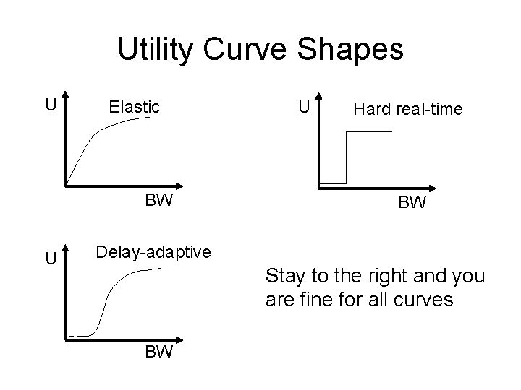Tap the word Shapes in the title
click(356, 49)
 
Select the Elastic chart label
click(134, 107)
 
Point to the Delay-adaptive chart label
click(153, 252)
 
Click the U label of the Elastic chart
click(50, 105)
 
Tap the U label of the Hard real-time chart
click(305, 108)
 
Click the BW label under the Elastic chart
click(158, 200)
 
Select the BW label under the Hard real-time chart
click(411, 203)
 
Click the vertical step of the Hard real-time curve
click(347, 157)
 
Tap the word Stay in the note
click(283, 276)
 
